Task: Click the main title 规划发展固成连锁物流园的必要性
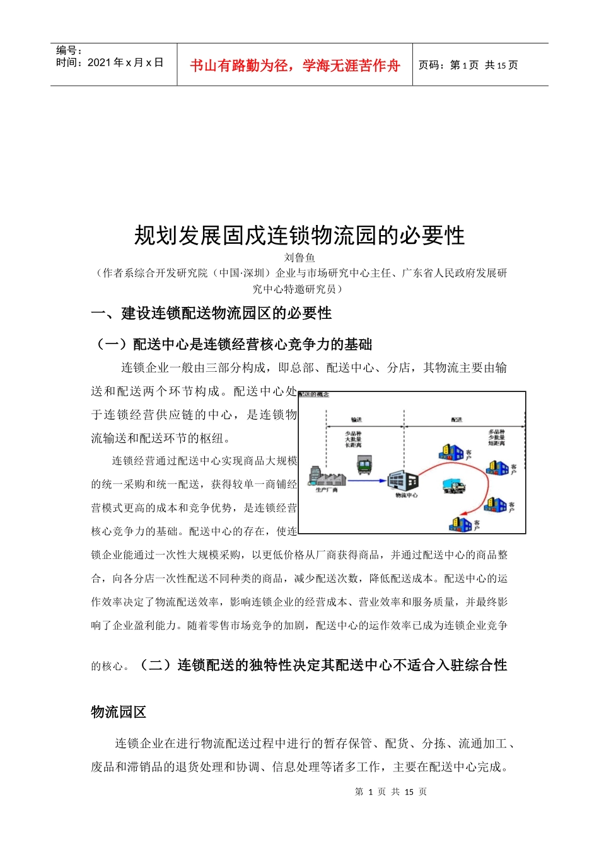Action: (299, 236)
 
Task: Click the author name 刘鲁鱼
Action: (299, 257)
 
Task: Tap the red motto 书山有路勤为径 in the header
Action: (294, 66)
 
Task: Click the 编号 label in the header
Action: (69, 50)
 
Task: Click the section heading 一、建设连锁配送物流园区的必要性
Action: (211, 313)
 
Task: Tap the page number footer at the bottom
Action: (390, 792)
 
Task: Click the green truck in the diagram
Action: (364, 466)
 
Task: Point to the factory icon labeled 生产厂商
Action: (327, 478)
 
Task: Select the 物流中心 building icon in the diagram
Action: (404, 480)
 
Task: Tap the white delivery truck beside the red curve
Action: (453, 486)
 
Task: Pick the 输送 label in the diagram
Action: (356, 419)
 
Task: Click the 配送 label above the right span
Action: (457, 419)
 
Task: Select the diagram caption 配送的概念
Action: (314, 395)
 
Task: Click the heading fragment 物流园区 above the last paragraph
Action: (119, 712)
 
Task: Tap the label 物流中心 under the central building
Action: (406, 495)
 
